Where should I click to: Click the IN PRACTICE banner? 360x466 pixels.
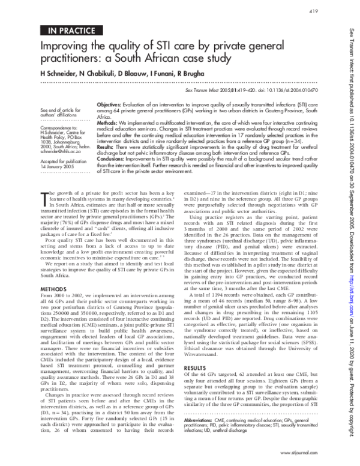pos(67,28)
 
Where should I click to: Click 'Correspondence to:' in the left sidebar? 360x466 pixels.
pos(55,129)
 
